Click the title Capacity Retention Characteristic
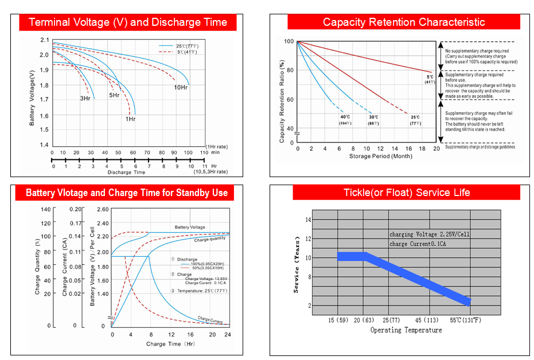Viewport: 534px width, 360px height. pyautogui.click(x=404, y=22)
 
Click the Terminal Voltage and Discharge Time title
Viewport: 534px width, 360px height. pyautogui.click(x=128, y=22)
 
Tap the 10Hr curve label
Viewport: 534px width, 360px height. pyautogui.click(x=181, y=88)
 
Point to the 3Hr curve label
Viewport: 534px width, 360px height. pyautogui.click(x=85, y=99)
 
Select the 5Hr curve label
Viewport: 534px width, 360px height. pyautogui.click(x=115, y=95)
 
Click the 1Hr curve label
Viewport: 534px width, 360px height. pyautogui.click(x=130, y=119)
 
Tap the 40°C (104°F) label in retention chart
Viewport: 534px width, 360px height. pyautogui.click(x=345, y=120)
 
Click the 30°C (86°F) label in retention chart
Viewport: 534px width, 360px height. pyautogui.click(x=373, y=120)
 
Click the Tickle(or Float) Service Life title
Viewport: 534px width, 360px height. pyautogui.click(x=407, y=193)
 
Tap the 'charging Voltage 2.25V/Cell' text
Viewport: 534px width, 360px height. pyautogui.click(x=430, y=234)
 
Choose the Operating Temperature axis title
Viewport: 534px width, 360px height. pyautogui.click(x=406, y=330)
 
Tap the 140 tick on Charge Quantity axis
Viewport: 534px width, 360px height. pyautogui.click(x=46, y=209)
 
